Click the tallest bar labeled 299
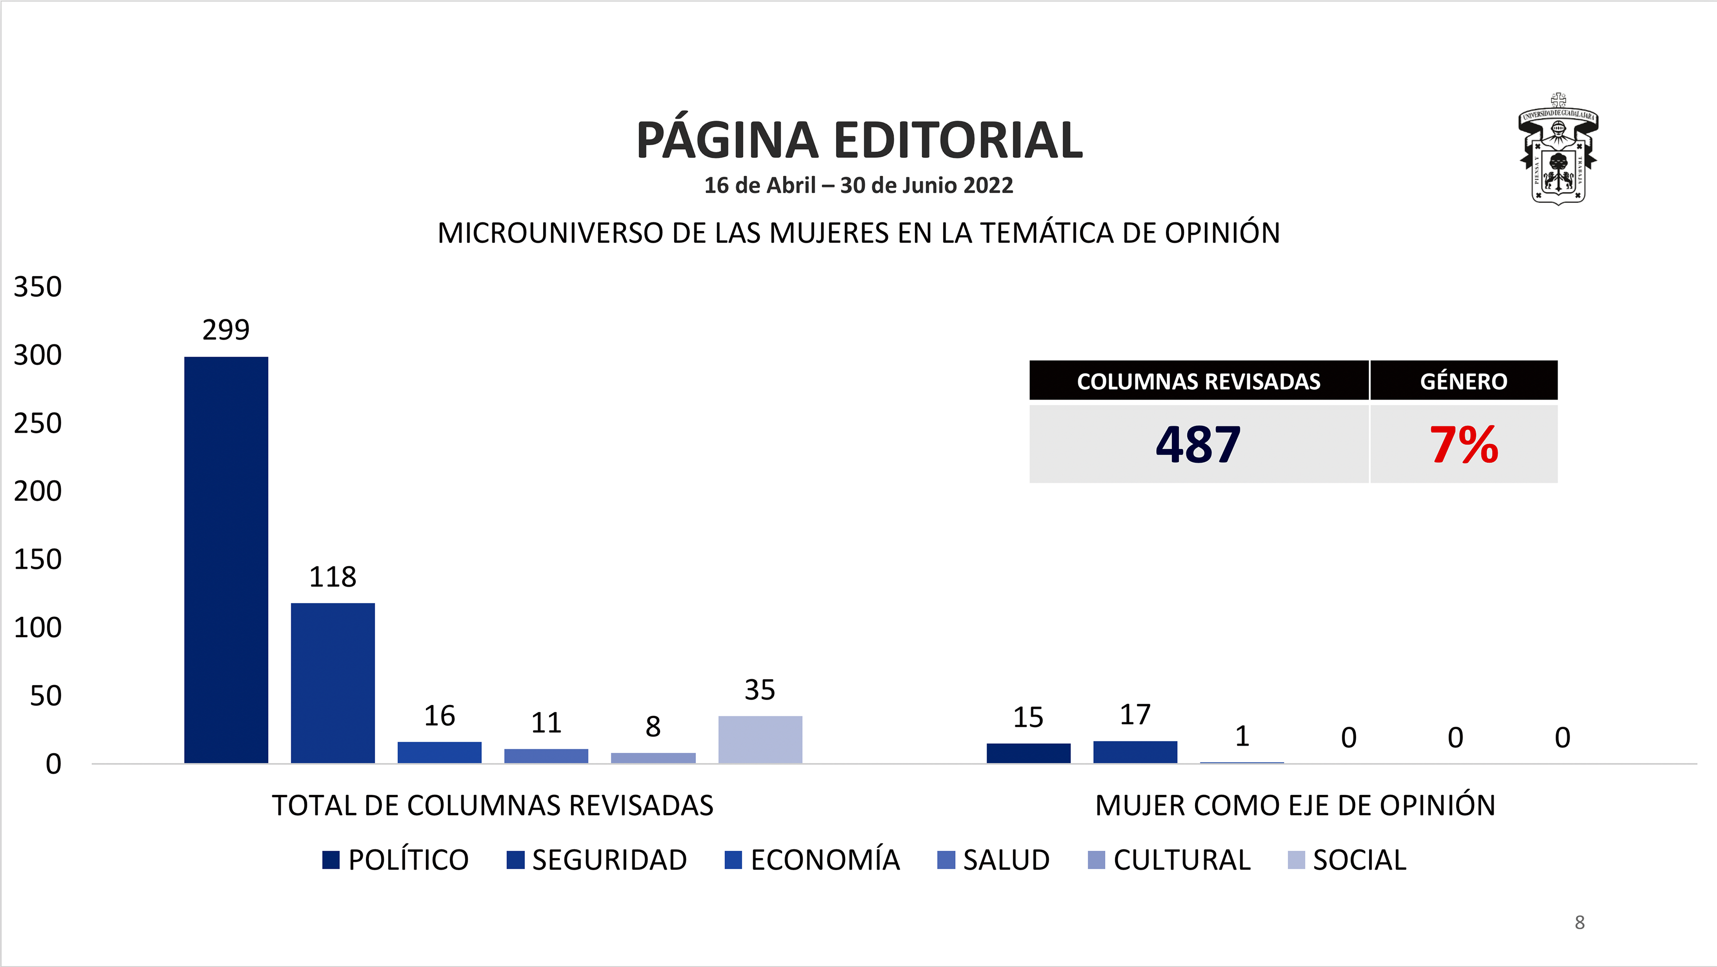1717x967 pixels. [x=226, y=560]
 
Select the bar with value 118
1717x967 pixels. [x=332, y=683]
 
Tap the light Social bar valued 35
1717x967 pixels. [x=760, y=739]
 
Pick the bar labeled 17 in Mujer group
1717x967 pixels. [x=1135, y=752]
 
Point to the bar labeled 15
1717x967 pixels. [x=1028, y=753]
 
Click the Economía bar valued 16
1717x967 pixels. [x=439, y=752]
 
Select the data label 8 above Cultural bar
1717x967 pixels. [x=653, y=726]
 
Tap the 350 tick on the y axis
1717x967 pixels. [x=38, y=287]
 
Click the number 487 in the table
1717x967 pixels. [x=1198, y=445]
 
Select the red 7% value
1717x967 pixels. [x=1464, y=445]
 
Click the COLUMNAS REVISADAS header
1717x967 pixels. [x=1198, y=381]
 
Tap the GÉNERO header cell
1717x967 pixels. [x=1464, y=381]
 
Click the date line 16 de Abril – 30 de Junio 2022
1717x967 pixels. [x=859, y=185]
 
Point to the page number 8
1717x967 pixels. [x=1579, y=922]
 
